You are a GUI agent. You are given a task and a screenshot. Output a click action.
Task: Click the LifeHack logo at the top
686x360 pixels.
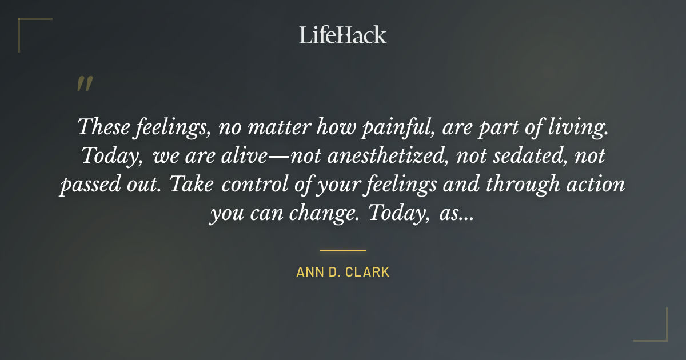pos(342,35)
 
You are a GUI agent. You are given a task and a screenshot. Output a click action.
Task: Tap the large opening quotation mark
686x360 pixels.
pos(85,85)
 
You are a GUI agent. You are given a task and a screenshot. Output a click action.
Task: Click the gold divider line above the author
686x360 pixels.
pos(342,250)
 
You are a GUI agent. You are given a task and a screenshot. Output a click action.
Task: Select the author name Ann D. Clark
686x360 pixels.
pos(342,272)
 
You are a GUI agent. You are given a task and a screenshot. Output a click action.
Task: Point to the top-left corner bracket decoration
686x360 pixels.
pos(29,29)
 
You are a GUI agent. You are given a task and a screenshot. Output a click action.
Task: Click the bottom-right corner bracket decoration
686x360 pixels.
pos(657,331)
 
